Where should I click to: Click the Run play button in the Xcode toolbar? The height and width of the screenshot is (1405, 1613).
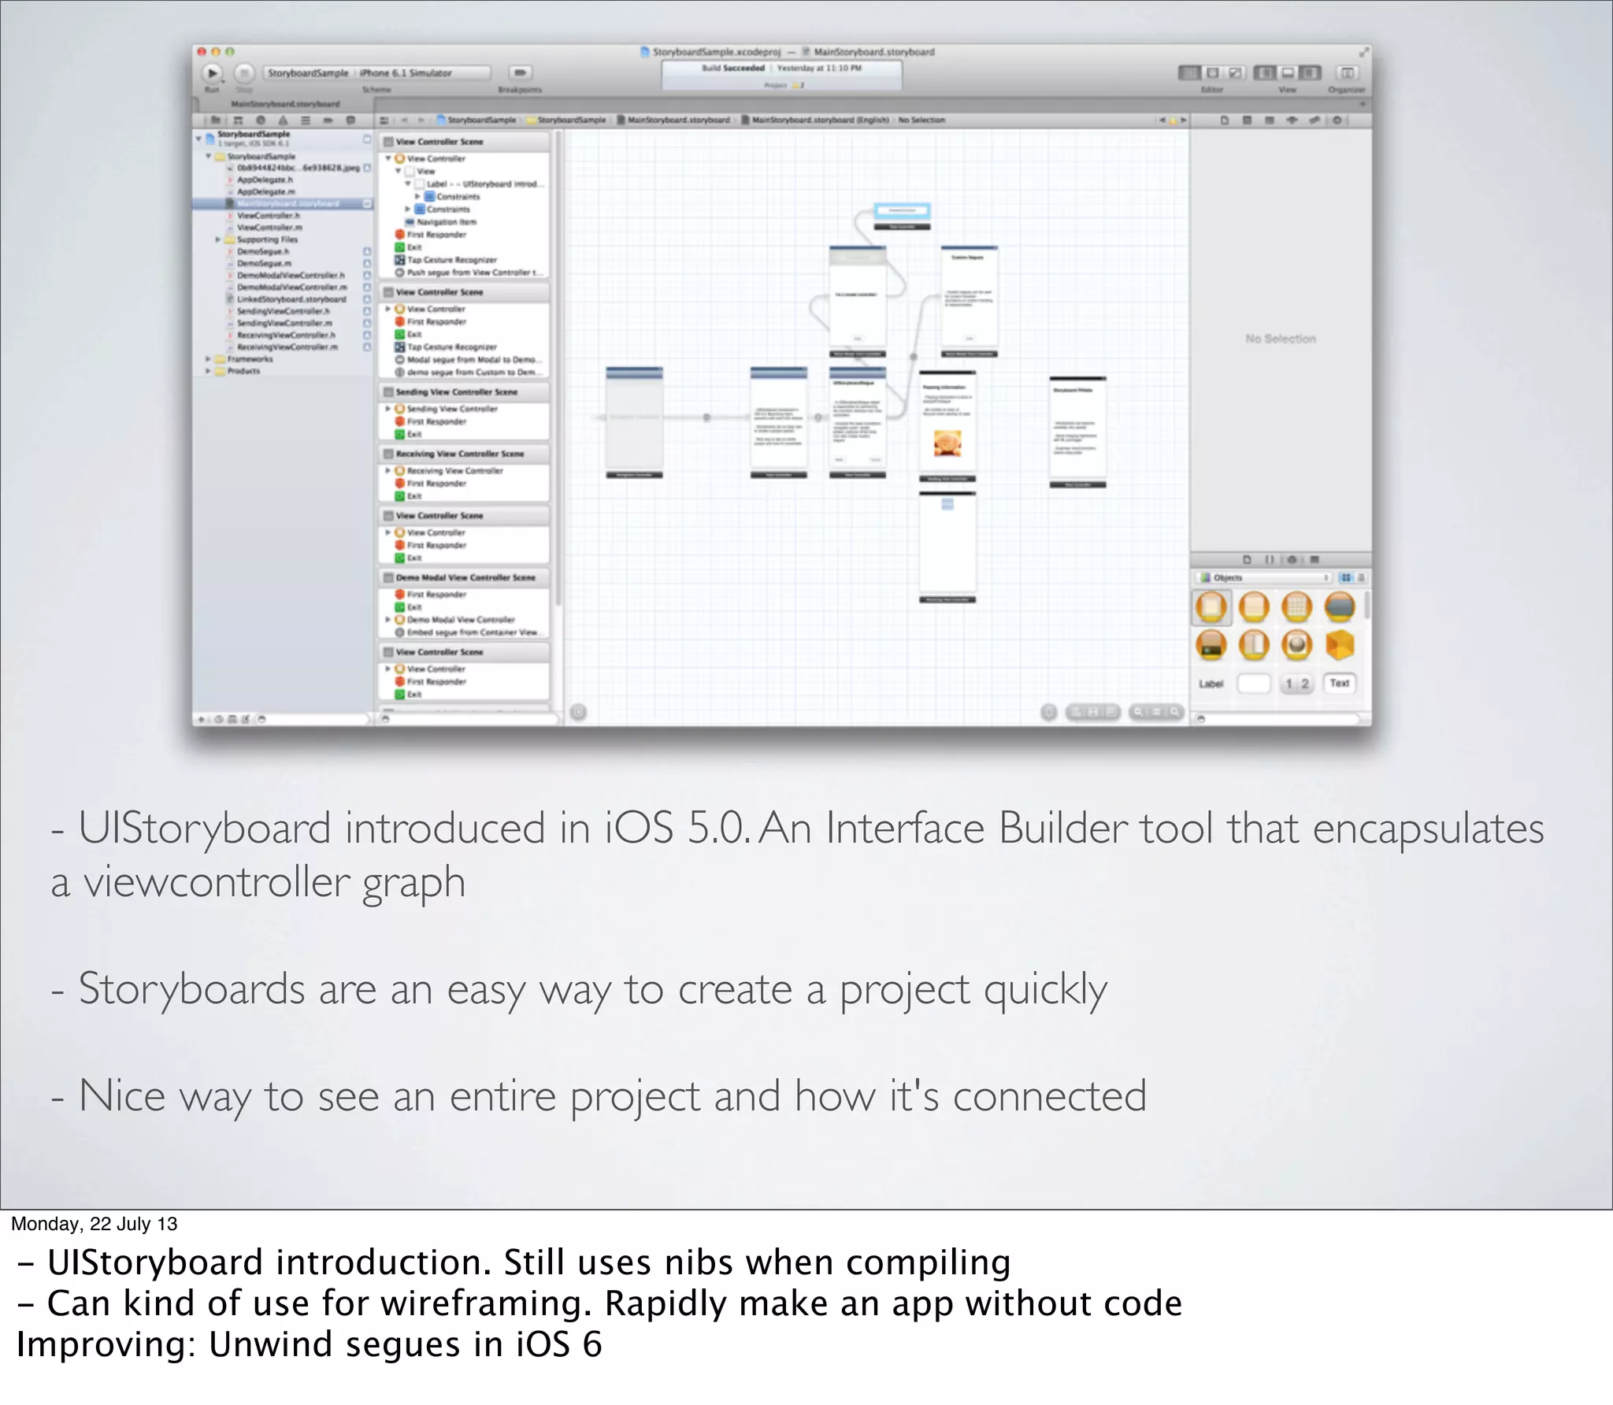coord(212,73)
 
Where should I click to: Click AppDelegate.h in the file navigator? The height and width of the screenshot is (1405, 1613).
coord(265,180)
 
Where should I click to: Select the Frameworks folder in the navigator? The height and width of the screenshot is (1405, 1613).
coord(250,359)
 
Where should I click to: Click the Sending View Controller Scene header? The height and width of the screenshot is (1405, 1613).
coord(456,391)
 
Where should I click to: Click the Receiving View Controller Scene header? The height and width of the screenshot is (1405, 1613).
coord(459,454)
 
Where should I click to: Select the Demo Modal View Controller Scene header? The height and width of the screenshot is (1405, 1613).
coord(465,577)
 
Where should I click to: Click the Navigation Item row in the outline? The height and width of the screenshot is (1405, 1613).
coord(446,222)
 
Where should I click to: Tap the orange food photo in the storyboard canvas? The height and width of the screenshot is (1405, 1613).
coord(947,443)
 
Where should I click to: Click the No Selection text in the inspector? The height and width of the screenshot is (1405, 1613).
coord(1280,339)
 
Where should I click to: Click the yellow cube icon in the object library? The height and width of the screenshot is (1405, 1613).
coord(1339,645)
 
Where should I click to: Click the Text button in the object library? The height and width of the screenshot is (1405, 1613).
coord(1339,683)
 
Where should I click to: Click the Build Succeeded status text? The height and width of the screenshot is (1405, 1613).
coord(732,69)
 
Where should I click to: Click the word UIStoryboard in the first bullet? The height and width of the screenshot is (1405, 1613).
coord(204,829)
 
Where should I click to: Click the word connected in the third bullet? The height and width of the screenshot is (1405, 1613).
coord(1049,1096)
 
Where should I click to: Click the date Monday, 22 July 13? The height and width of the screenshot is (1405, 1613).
coord(94,1223)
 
